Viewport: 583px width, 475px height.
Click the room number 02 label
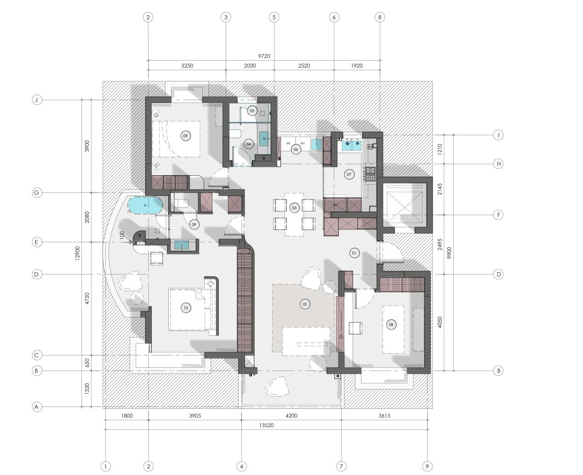(304, 304)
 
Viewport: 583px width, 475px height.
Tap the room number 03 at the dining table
(294, 208)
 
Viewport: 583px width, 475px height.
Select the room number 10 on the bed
(186, 308)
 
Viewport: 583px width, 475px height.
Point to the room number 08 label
(391, 325)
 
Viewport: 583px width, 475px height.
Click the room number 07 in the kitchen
(349, 174)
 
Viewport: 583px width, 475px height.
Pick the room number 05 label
(251, 110)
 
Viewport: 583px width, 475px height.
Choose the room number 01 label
(354, 253)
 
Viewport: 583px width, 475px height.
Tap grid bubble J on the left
(37, 100)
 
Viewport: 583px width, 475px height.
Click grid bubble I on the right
(498, 135)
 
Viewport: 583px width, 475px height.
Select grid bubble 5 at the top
(274, 17)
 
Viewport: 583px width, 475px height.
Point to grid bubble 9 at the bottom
(427, 466)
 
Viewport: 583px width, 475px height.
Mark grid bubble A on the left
(37, 406)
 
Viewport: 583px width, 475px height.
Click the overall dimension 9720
(264, 56)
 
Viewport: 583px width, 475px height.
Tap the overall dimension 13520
(266, 425)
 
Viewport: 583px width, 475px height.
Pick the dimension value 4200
(291, 416)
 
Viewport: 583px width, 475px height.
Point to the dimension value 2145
(440, 189)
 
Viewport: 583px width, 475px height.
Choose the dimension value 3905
(195, 416)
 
